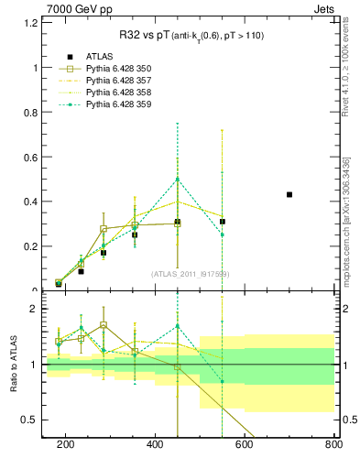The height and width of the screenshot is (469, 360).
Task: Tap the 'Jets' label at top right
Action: [322, 8]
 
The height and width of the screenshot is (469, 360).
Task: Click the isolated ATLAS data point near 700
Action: [289, 194]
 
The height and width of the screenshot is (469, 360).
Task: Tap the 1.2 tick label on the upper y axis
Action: [32, 23]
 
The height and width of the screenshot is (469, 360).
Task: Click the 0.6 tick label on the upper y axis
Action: [32, 157]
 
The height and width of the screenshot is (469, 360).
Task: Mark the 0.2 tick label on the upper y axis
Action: [32, 246]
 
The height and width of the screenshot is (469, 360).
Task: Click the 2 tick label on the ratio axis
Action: [37, 309]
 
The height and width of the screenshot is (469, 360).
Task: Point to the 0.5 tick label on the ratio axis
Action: [32, 420]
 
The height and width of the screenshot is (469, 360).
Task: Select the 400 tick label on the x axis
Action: [155, 445]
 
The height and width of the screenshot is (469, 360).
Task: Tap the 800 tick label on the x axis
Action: [333, 445]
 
